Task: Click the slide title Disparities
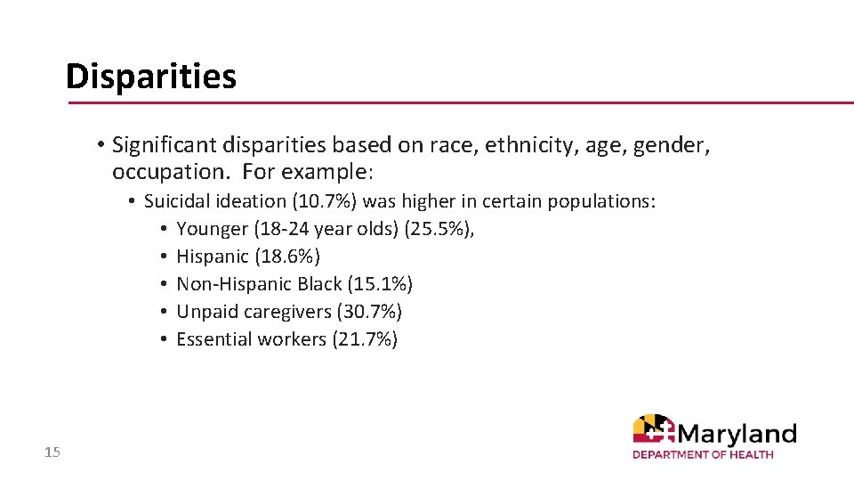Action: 150,77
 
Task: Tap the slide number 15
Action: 52,453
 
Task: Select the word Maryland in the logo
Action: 737,434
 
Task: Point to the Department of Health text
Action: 703,455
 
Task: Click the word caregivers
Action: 285,312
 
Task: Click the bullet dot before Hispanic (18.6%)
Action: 165,257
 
